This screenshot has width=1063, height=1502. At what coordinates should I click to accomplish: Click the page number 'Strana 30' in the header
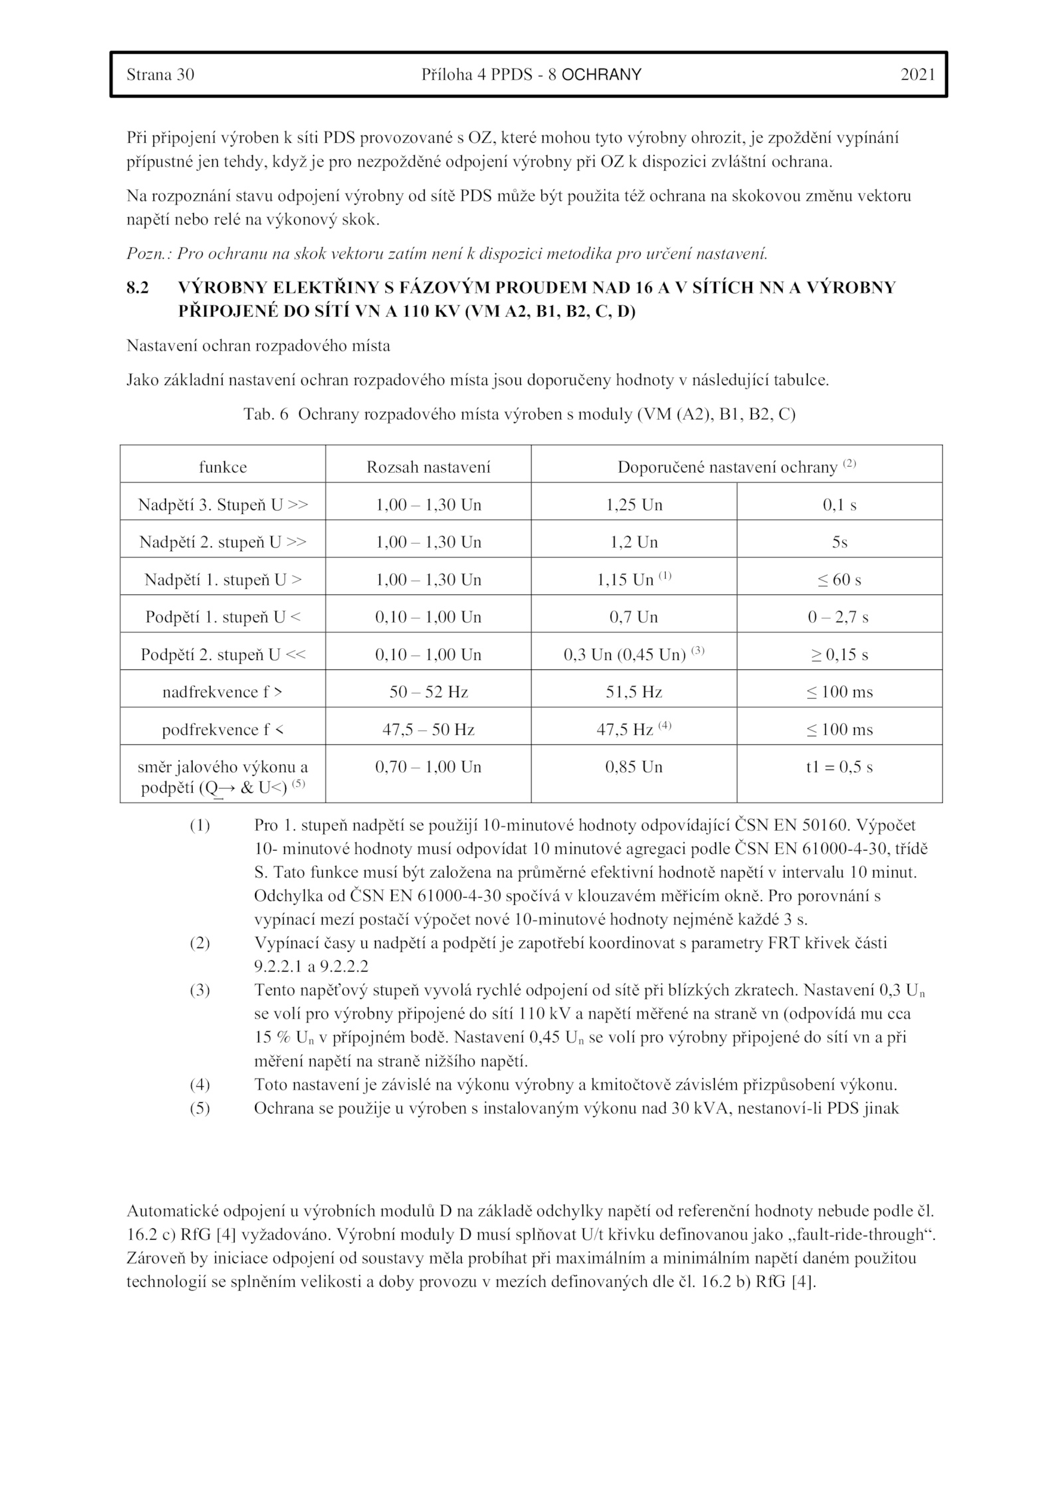coord(160,74)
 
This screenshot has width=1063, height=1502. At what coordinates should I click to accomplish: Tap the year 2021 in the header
coord(918,74)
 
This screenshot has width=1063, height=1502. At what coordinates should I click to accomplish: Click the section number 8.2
coord(138,288)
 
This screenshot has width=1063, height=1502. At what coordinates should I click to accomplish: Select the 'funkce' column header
coord(223,467)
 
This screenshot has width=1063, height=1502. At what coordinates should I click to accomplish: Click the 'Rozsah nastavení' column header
coord(428,467)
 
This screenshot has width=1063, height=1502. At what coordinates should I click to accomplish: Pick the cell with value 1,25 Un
coord(634,505)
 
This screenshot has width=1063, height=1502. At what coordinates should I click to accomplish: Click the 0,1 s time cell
coord(839,505)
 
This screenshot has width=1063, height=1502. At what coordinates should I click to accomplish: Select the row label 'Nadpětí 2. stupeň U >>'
coord(223,542)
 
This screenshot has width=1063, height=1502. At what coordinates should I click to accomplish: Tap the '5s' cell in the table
coord(839,542)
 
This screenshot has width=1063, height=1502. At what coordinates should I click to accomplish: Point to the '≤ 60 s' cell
coord(839,580)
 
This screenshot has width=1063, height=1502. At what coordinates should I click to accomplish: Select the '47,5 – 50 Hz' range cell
coord(428,730)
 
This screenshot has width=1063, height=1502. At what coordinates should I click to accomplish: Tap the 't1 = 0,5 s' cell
coord(839,768)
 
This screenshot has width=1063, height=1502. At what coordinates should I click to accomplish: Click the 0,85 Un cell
coord(634,768)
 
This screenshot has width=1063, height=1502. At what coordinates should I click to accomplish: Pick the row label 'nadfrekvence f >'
coord(223,693)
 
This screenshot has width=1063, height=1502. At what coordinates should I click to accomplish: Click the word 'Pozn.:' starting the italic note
coord(149,253)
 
